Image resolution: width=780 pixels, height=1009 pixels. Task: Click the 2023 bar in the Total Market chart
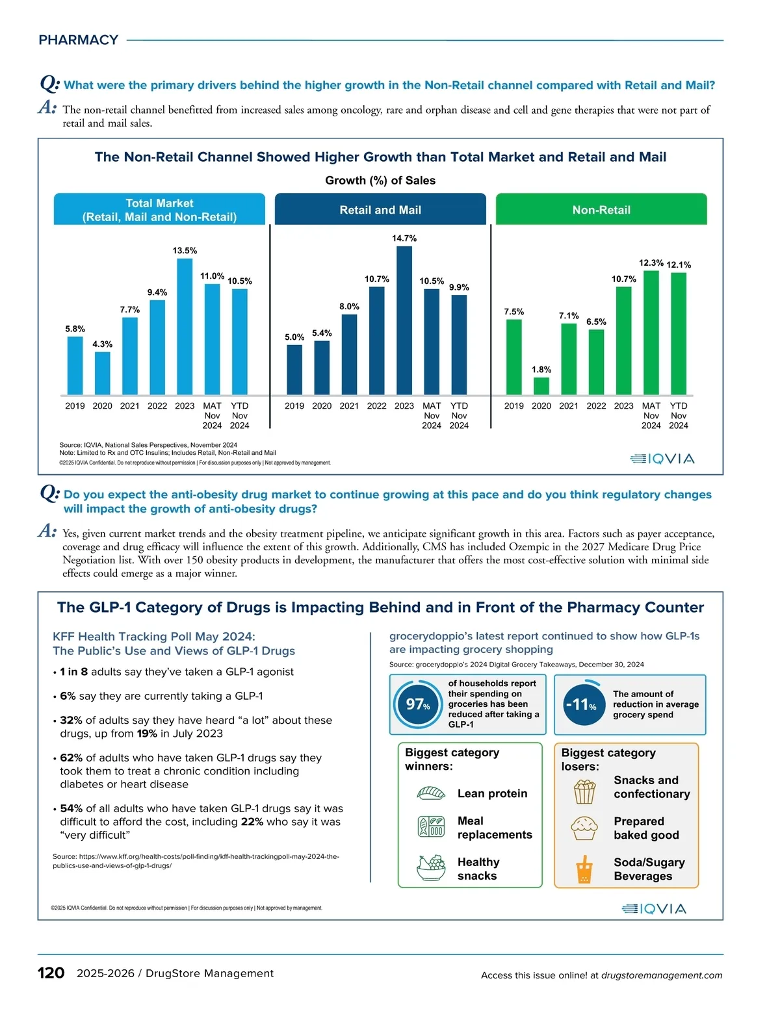(x=185, y=326)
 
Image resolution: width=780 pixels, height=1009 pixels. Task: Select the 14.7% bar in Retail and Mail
(x=404, y=320)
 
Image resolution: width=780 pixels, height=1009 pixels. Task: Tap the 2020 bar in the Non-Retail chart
(x=541, y=386)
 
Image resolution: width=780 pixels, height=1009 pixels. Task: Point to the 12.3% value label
(x=651, y=263)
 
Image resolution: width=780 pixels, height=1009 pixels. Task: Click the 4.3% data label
(x=102, y=344)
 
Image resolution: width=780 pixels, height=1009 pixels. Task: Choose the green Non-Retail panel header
(x=601, y=210)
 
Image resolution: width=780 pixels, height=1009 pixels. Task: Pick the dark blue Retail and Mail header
(x=380, y=210)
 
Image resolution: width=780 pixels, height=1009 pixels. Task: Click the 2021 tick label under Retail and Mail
(x=349, y=406)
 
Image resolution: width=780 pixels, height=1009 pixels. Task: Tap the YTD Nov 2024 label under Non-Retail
(x=679, y=415)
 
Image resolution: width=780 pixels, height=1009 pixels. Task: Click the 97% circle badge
(x=417, y=704)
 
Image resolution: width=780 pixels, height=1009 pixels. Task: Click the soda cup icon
(x=584, y=870)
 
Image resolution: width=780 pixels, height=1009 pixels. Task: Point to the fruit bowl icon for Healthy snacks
(x=430, y=868)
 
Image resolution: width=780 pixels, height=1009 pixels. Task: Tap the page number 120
(x=51, y=973)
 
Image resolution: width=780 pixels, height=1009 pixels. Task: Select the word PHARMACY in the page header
(x=78, y=40)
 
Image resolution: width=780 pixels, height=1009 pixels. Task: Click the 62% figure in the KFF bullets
(x=71, y=758)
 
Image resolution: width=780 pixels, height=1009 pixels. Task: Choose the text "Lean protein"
(x=492, y=793)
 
